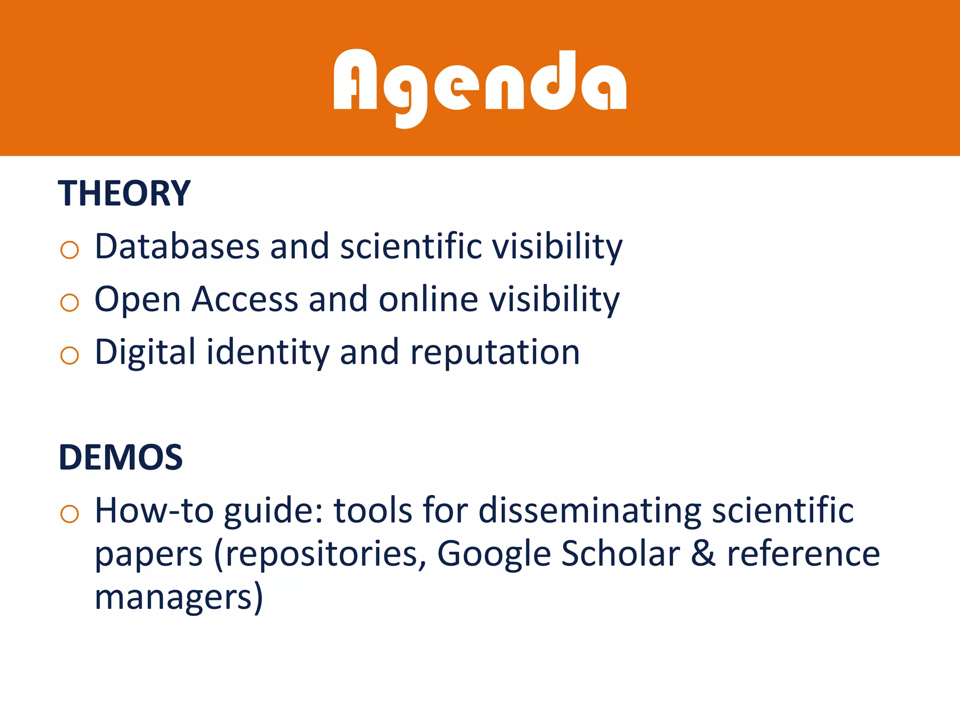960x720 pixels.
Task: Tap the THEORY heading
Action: pos(124,193)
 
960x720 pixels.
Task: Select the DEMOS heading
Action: pos(120,457)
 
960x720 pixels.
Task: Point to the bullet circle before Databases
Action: pos(69,249)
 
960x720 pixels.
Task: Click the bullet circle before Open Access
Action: pos(69,302)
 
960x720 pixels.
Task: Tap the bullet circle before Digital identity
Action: pos(69,355)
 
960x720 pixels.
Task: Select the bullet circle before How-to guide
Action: pos(69,514)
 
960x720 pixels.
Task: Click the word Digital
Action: pos(145,352)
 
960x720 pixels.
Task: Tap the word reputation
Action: pos(495,352)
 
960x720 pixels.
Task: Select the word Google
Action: pos(494,554)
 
